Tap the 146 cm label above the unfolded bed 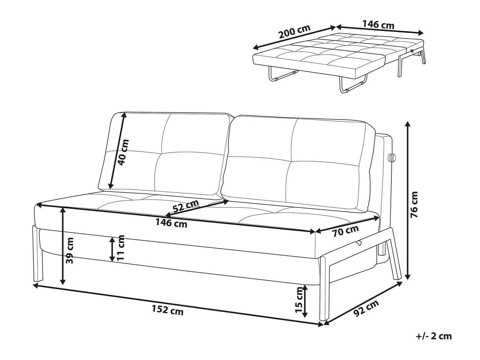tap(378, 24)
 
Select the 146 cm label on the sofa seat tap(172, 223)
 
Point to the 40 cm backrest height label tap(123, 152)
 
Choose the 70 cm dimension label tap(345, 231)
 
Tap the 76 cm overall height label tap(414, 205)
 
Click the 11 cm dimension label tap(121, 248)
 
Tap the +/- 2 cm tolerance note tap(434, 336)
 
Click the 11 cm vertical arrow tap(112, 249)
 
